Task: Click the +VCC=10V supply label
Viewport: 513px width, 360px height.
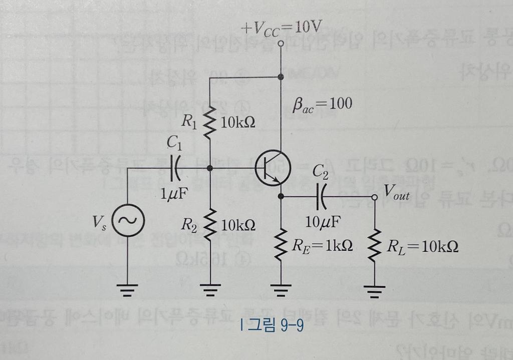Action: pyautogui.click(x=281, y=28)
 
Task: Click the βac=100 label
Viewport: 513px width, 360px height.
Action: pyautogui.click(x=322, y=104)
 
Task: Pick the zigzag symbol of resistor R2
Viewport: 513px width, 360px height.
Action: pyautogui.click(x=210, y=224)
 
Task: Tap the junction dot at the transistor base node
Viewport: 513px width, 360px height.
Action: pyautogui.click(x=210, y=169)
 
